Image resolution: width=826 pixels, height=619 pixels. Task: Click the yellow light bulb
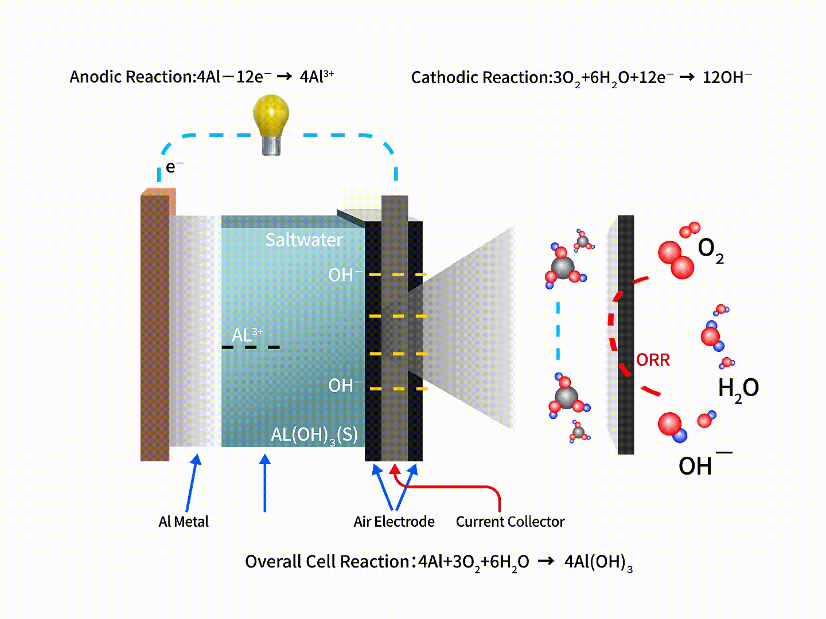pos(271,118)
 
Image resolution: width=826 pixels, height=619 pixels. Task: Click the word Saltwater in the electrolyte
pos(304,240)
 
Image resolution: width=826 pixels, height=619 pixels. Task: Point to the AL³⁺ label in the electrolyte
pos(247,335)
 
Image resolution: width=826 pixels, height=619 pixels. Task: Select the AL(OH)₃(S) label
pos(314,435)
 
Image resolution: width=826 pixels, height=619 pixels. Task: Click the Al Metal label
pos(184,522)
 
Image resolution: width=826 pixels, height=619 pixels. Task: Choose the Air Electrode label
pos(394,522)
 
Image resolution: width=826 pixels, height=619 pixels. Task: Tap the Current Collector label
pos(510,522)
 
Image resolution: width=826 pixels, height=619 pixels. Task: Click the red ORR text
pos(653,360)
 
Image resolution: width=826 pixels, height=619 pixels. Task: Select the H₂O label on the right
pos(738,389)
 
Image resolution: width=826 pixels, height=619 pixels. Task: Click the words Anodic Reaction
pos(131,77)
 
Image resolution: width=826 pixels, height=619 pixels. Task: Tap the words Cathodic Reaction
pos(480,77)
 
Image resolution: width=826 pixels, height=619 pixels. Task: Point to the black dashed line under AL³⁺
pos(251,347)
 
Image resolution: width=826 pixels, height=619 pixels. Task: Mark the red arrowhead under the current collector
pos(395,469)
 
